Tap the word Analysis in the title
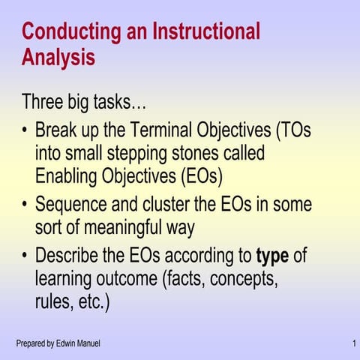[x=58, y=57]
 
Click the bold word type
[x=272, y=256]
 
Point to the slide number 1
[x=352, y=343]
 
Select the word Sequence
[x=72, y=205]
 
